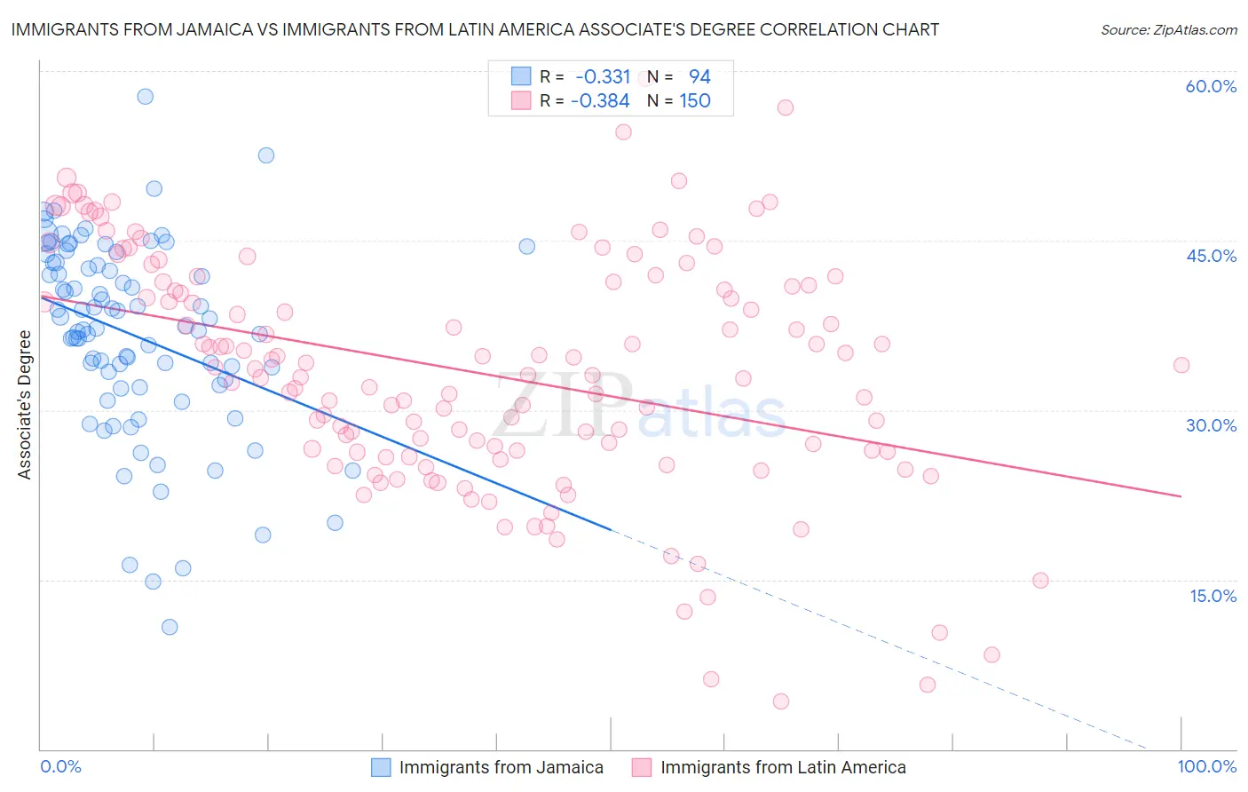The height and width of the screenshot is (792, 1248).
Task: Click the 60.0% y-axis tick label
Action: tap(1211, 86)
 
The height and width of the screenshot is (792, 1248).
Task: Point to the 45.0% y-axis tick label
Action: tap(1211, 256)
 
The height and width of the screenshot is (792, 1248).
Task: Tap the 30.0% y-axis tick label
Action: tap(1211, 425)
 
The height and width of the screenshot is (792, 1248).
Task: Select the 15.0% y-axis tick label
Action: tap(1212, 596)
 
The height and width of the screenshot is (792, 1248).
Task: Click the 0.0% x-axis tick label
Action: tap(60, 766)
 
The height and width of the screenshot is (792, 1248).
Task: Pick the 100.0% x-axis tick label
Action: tap(1207, 766)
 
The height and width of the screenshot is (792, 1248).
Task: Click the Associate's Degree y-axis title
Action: tap(24, 405)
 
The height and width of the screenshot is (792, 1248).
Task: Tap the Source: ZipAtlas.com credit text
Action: tap(1168, 29)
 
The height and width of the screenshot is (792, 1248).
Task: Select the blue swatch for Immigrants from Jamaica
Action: tap(381, 767)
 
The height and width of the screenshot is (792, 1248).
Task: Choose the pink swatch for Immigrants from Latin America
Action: tap(642, 767)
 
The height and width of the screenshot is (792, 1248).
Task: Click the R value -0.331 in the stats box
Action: tap(603, 76)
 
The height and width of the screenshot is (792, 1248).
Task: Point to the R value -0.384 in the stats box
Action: tap(600, 100)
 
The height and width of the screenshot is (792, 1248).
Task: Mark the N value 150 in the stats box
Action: tap(695, 100)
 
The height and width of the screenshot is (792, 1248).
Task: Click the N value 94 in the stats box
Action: tap(699, 76)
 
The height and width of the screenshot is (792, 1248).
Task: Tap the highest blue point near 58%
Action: tap(145, 96)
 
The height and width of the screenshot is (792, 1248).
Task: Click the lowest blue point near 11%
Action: tap(170, 627)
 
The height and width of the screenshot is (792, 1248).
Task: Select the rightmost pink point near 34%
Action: tap(1181, 365)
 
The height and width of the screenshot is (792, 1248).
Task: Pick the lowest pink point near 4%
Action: tap(781, 701)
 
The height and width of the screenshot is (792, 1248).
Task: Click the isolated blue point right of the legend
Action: tap(526, 246)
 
